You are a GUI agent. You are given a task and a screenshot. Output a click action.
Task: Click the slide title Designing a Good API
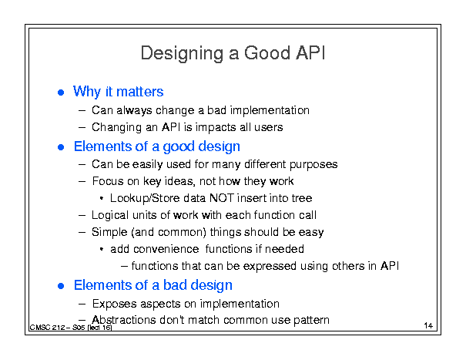233,53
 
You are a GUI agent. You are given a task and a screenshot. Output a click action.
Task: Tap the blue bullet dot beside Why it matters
61,93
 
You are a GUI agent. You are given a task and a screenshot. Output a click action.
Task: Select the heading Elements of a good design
157,146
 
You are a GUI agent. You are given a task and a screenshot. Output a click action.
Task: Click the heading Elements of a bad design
153,285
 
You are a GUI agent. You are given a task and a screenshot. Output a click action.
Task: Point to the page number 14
428,325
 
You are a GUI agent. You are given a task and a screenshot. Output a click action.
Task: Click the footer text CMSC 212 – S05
57,328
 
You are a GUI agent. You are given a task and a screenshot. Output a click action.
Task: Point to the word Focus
108,181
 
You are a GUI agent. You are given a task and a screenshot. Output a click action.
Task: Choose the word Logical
110,215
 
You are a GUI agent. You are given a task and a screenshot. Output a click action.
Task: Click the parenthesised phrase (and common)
169,232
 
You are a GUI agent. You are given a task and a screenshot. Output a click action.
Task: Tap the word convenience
166,249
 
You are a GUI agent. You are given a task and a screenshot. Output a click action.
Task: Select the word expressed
270,266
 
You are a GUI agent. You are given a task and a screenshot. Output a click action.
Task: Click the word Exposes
115,304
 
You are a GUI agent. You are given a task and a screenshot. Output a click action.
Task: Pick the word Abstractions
124,320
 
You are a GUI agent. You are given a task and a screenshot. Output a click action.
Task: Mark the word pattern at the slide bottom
311,320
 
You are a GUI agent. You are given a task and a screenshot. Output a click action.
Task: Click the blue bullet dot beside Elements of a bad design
61,286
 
